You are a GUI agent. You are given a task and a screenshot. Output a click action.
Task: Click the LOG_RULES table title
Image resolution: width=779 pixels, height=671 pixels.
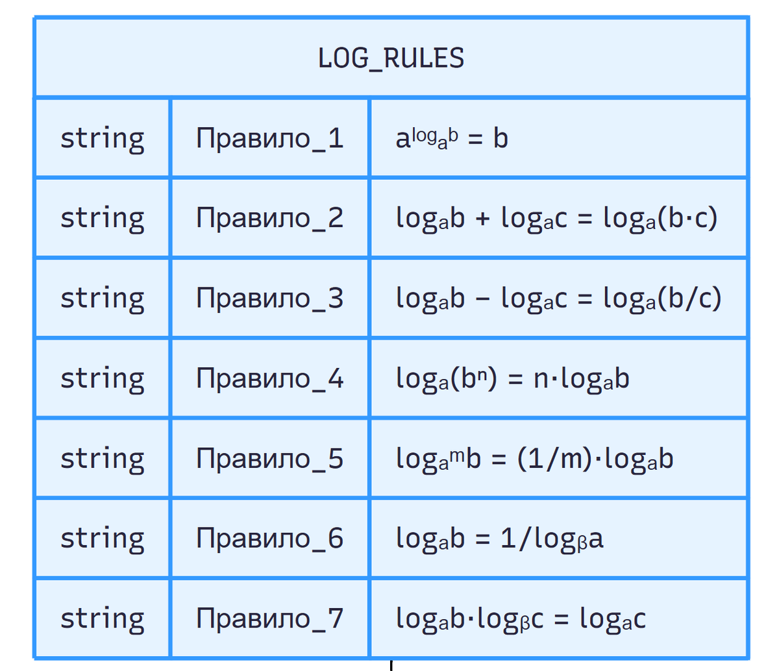(x=391, y=58)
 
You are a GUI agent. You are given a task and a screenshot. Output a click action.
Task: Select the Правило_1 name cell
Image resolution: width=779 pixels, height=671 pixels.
(x=270, y=139)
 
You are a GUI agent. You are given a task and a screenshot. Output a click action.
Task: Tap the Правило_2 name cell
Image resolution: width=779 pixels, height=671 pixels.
(x=270, y=218)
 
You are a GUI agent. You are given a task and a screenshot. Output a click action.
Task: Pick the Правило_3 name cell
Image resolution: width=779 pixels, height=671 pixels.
(x=270, y=299)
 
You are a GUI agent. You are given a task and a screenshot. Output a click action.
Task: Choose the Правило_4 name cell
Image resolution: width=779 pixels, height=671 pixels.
(x=270, y=378)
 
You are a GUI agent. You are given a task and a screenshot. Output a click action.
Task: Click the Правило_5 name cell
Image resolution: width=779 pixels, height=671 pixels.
(x=270, y=459)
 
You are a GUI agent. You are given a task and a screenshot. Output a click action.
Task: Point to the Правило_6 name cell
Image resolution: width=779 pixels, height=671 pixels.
(x=270, y=539)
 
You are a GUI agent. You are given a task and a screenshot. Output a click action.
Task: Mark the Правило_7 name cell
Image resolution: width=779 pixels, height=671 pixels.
(x=270, y=618)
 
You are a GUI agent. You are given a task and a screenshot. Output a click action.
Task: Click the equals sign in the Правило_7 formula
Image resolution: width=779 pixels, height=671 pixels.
(x=561, y=620)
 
